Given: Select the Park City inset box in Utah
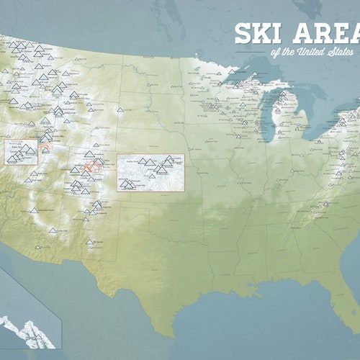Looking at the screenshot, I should [21, 152].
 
